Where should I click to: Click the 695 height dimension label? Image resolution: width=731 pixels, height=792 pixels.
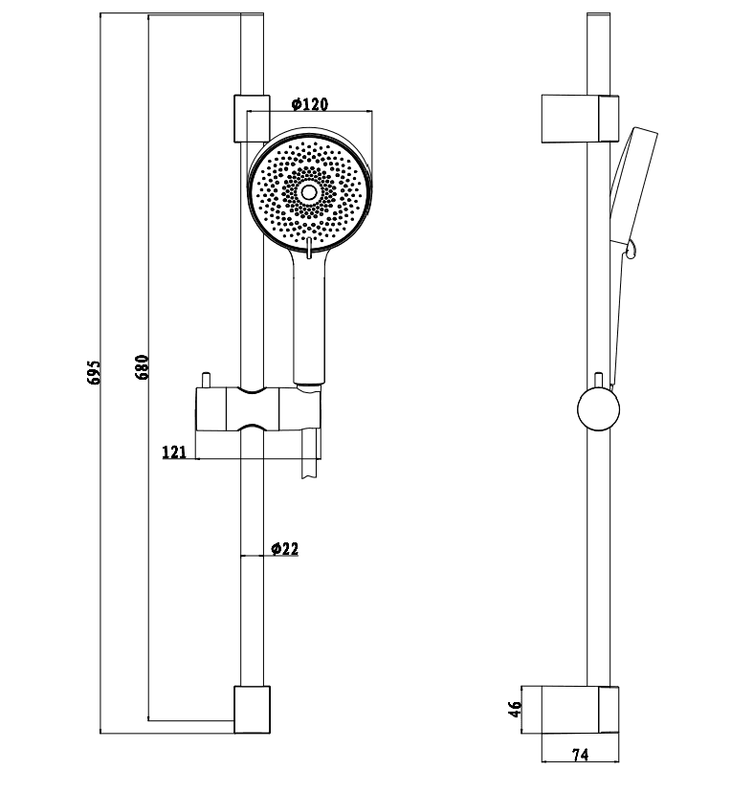95,372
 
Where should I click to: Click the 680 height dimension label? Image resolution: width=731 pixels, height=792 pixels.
143,367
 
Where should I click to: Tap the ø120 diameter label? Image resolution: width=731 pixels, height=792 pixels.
310,103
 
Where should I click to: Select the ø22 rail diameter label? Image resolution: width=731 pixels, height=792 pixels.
285,548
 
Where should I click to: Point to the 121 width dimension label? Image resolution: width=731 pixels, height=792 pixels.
174,451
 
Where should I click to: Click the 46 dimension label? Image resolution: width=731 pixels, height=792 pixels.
515,709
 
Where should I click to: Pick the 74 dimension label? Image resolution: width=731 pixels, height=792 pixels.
581,755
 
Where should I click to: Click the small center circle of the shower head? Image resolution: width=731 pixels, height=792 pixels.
309,192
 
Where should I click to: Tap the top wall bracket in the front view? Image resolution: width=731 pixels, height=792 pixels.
252,119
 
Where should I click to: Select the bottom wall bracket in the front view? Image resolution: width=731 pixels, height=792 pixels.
252,709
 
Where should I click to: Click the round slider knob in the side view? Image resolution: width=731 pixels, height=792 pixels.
599,409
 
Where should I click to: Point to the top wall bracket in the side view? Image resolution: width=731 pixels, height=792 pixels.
580,119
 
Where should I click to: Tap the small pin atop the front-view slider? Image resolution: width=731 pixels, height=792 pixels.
206,381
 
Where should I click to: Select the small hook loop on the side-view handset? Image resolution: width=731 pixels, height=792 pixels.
631,249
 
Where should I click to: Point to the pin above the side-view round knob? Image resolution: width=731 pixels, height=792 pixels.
599,381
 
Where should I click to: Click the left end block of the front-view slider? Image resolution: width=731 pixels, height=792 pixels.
210,409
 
